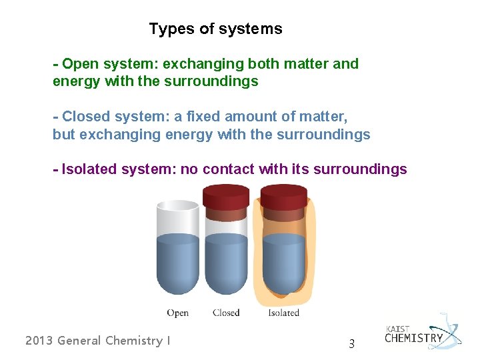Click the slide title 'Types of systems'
coord(215,29)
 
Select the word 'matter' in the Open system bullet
coord(305,64)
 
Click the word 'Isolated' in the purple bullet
coord(89,169)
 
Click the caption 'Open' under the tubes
coord(178,313)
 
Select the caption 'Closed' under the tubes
coord(226,313)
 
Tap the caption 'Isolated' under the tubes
coord(283,313)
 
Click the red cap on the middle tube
coord(226,195)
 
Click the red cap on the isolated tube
coord(283,195)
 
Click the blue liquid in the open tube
coord(178,263)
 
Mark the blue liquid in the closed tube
coord(226,263)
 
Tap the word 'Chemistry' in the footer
coord(135,341)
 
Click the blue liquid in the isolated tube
coord(284,263)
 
